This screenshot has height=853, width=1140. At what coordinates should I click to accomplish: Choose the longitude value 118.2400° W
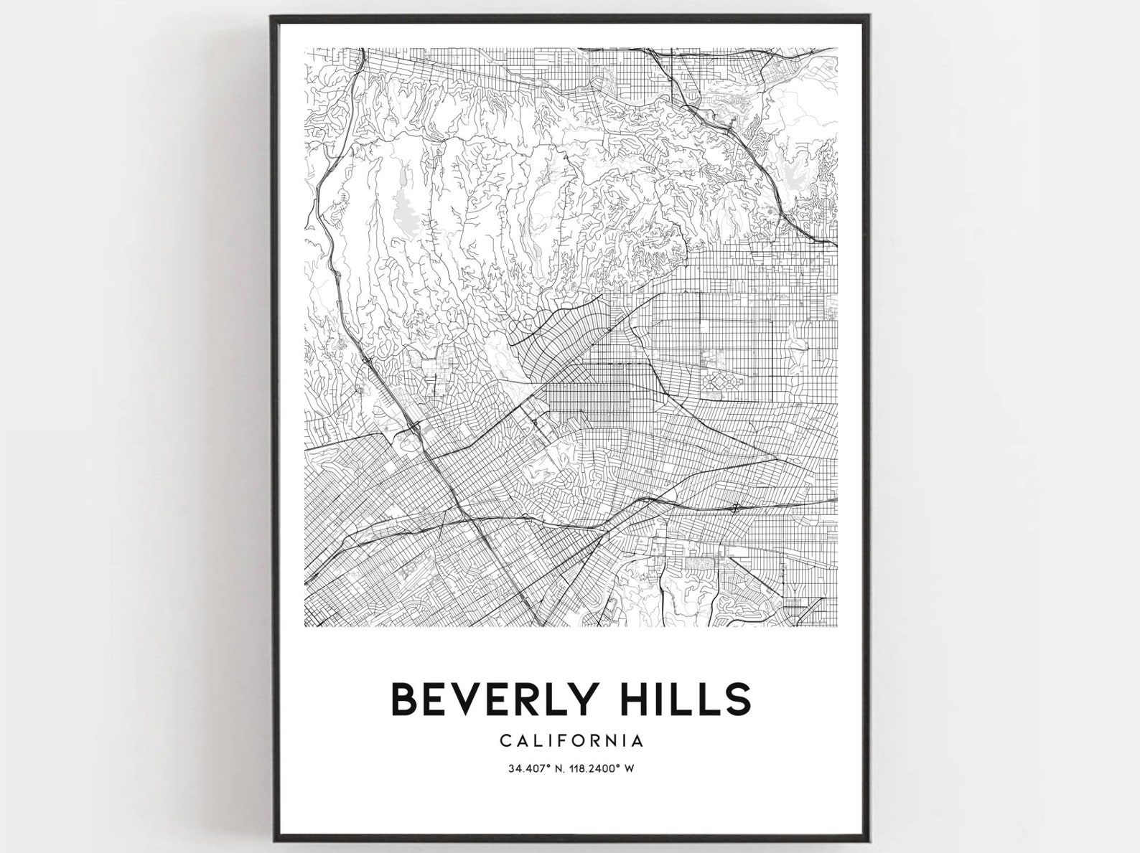click(599, 769)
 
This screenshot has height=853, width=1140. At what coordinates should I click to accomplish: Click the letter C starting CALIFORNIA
click(504, 740)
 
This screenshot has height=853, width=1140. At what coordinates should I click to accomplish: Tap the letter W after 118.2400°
click(629, 769)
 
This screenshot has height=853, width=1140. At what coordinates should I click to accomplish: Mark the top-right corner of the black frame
click(870, 17)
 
